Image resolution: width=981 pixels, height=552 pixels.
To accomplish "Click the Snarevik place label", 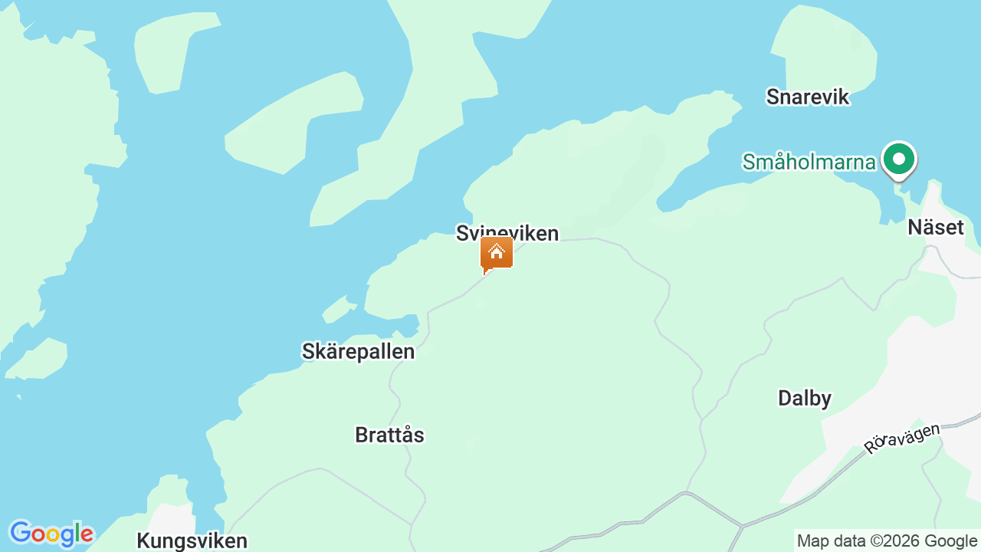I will (808, 97).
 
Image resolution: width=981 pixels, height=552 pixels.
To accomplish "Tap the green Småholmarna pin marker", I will (898, 159).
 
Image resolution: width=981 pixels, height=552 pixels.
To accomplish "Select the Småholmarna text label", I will (809, 162).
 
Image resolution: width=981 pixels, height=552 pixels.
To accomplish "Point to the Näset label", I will (935, 227).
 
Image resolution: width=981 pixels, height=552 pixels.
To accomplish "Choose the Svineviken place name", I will (507, 232).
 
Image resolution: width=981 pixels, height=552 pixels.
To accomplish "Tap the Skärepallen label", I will (358, 351).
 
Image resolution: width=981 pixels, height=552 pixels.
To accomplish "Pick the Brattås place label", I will (389, 435).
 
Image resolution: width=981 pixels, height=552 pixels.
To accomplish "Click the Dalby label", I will (804, 398).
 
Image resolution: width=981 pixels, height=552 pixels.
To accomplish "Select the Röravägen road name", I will (901, 438).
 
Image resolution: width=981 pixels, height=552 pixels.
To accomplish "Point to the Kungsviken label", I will (192, 540).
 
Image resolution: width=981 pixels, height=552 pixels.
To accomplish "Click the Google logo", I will (51, 534).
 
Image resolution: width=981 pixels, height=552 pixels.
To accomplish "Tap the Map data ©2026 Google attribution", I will (887, 540).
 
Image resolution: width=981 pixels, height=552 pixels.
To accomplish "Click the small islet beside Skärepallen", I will (338, 310).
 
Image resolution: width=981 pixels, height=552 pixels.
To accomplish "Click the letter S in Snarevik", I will (773, 97).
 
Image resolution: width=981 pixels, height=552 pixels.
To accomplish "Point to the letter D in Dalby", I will (784, 398).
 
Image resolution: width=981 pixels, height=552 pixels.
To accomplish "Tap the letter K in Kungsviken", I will (143, 540).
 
